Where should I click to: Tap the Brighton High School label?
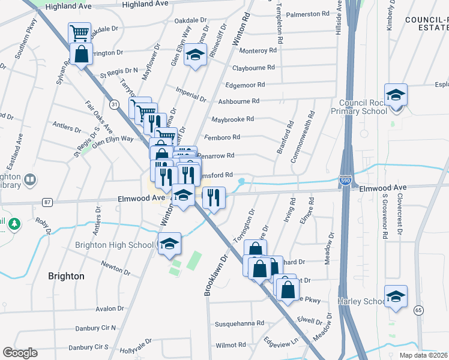(x=114, y=245)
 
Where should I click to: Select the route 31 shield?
(x=114, y=104)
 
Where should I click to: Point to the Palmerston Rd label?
(x=309, y=13)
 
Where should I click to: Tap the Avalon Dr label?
(x=109, y=308)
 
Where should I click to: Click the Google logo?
(x=20, y=353)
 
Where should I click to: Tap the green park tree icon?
(x=13, y=224)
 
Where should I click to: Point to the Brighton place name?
(x=66, y=277)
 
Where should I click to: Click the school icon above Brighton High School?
(x=170, y=244)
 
